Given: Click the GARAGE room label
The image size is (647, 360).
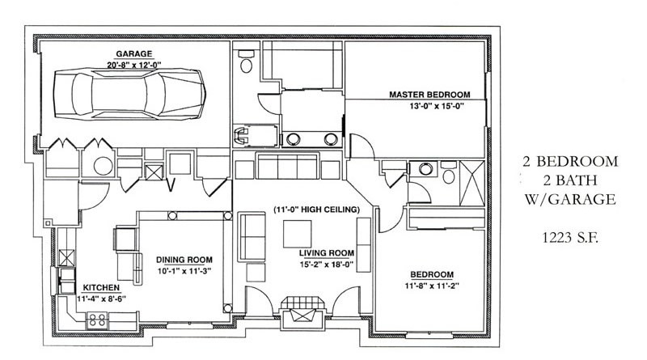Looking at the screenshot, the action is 133,53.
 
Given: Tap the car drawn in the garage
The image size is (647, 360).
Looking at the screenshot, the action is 129,94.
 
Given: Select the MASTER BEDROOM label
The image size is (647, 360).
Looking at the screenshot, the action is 429,95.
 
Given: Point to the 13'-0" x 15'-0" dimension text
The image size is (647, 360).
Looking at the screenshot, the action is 437,106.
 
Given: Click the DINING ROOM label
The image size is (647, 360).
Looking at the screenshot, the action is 184,260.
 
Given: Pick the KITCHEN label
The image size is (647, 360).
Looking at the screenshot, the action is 101,288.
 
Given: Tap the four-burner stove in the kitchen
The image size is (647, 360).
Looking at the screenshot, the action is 98,320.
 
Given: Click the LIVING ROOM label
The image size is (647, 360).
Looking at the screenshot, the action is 327,253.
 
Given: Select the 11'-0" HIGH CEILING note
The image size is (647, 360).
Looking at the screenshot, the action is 316,210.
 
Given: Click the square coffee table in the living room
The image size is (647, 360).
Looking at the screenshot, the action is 297,234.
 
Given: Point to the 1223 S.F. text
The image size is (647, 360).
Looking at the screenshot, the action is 570,238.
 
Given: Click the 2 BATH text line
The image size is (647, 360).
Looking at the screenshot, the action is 571,180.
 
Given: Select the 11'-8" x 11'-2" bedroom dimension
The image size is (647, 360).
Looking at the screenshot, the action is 432,286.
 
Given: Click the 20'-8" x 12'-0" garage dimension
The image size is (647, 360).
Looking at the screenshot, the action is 133,65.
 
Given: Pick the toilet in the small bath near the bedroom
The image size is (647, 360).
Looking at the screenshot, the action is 449,172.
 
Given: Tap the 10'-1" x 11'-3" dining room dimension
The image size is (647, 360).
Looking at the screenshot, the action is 184,271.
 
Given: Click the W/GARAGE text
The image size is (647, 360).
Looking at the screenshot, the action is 570,199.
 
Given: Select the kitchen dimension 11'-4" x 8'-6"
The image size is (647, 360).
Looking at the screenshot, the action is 101,299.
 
